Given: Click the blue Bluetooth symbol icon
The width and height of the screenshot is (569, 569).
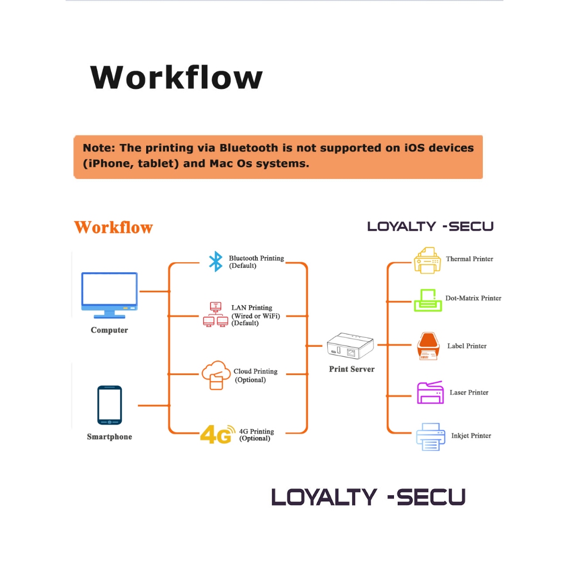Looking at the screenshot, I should click(x=215, y=262).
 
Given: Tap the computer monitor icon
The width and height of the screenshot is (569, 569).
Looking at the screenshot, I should click(x=109, y=295).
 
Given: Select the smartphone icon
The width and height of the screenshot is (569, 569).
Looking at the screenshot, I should click(x=109, y=405).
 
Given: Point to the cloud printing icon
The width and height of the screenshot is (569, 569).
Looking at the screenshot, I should click(x=216, y=375).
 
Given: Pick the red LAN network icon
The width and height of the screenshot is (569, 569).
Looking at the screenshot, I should click(x=216, y=315).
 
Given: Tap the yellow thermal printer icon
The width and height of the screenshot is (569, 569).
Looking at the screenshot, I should click(x=428, y=260).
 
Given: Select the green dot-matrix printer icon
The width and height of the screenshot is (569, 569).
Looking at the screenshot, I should click(x=428, y=300).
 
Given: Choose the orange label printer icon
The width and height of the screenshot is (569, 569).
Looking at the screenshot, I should click(x=428, y=346).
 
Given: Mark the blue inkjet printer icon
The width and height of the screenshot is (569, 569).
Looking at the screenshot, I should click(x=431, y=436).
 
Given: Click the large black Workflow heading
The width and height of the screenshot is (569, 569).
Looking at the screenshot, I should click(x=176, y=77).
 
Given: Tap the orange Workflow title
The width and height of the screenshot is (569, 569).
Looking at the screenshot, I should click(x=113, y=227).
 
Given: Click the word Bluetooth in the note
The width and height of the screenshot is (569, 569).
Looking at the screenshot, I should click(x=248, y=148).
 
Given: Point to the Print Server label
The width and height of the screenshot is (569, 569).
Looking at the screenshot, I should click(x=352, y=369).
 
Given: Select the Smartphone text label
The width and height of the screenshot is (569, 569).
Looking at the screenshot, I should click(x=109, y=437).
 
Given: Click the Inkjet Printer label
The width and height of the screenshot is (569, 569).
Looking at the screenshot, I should click(x=471, y=436).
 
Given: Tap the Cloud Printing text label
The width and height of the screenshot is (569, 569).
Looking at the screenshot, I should click(x=255, y=371).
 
